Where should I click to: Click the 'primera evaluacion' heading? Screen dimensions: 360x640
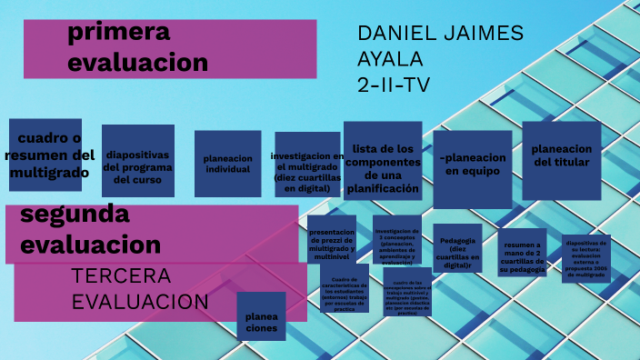(x=137, y=48)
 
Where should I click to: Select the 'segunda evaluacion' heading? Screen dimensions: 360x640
(x=91, y=230)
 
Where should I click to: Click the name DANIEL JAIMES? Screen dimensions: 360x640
(x=440, y=34)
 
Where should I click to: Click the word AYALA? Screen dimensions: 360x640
(x=390, y=60)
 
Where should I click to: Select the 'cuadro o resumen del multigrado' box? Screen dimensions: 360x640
(x=45, y=155)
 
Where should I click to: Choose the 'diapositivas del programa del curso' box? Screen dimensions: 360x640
(x=137, y=160)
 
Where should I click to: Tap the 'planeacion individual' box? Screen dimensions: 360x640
(x=227, y=164)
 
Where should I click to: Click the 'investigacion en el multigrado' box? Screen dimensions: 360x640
(x=307, y=166)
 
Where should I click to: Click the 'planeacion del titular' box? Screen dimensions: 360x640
(x=561, y=155)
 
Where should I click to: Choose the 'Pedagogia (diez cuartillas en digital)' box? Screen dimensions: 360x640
(x=457, y=247)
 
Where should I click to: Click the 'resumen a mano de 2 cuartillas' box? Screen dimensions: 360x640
(x=523, y=254)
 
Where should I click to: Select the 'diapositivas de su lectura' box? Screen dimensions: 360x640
(x=585, y=258)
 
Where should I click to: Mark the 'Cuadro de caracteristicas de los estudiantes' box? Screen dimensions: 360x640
(x=344, y=289)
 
